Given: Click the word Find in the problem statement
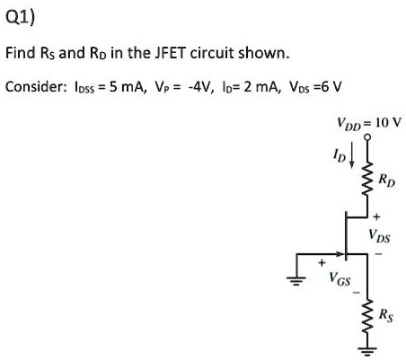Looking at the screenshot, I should [x=22, y=53].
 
